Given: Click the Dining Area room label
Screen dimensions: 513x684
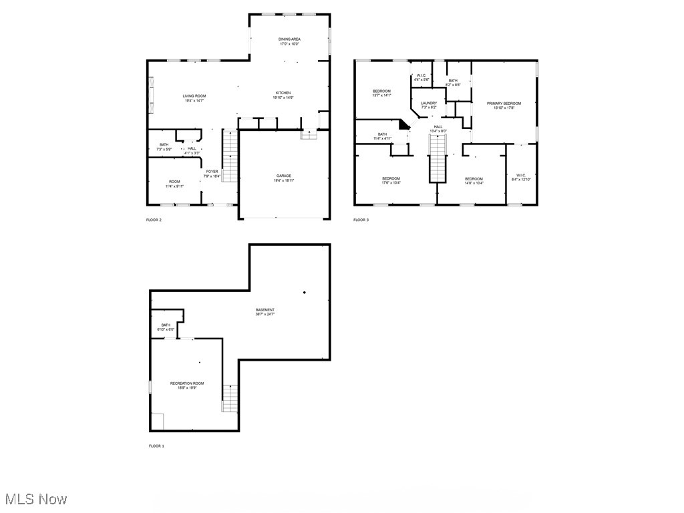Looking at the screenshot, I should (x=289, y=39).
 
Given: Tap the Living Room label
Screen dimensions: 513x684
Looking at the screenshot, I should (x=194, y=96).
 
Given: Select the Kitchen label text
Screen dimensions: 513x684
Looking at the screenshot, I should (x=283, y=93).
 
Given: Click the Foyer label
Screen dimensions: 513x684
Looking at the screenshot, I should (x=212, y=172).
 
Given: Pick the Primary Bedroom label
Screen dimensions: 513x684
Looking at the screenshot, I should (x=504, y=104).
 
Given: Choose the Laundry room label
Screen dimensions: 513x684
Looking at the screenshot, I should (x=429, y=104).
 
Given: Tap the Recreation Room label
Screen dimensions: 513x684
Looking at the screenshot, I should (x=187, y=383).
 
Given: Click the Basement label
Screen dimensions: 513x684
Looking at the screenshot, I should (x=265, y=310).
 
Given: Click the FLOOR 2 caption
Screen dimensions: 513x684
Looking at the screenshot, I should (x=154, y=220).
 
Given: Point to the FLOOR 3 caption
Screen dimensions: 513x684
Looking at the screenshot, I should (x=361, y=220).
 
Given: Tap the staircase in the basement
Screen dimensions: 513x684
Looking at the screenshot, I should (x=230, y=398).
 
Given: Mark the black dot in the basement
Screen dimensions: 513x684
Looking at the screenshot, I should (x=304, y=292).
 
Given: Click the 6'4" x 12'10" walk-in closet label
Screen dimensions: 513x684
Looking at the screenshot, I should (x=522, y=178).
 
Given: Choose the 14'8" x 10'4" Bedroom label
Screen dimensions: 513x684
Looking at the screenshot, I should (x=474, y=179).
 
